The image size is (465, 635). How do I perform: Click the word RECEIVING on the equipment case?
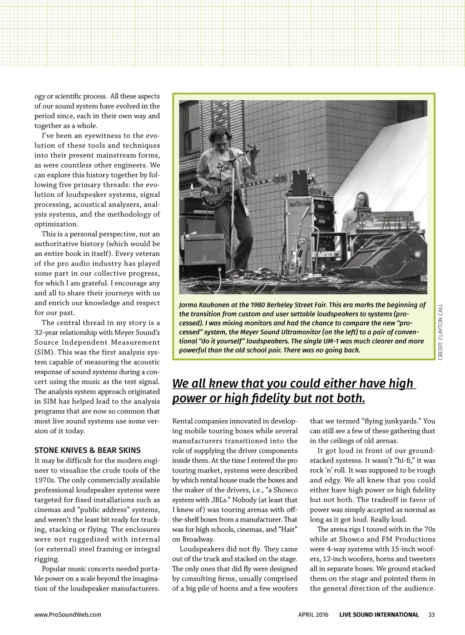point(298,204)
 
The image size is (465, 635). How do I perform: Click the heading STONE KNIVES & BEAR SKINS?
point(88,450)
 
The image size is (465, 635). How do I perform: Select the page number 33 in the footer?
point(431,615)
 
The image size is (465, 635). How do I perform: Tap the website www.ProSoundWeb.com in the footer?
point(68,615)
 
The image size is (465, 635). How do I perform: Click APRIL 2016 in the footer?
point(313,615)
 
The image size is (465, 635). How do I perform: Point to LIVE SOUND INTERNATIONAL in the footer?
point(379,615)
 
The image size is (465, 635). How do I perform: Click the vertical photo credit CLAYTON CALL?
point(440,332)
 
